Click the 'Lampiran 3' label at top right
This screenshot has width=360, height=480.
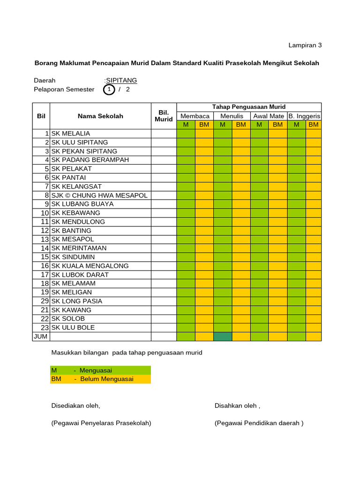[x=305, y=45]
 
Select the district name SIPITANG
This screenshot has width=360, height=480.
[x=121, y=81]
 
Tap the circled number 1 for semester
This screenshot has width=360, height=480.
[x=109, y=90]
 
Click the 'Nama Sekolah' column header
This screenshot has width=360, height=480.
[x=100, y=116]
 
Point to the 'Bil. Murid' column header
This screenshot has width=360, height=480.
[x=164, y=116]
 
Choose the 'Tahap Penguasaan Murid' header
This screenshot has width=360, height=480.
[x=248, y=107]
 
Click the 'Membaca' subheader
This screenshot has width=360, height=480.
[x=195, y=116]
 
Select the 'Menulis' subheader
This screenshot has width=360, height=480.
[x=232, y=116]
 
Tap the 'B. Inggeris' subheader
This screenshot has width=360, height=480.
[x=304, y=116]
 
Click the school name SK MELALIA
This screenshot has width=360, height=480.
[x=70, y=134]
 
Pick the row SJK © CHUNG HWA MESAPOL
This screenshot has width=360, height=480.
[x=99, y=195]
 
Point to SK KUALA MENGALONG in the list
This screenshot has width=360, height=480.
[x=90, y=266]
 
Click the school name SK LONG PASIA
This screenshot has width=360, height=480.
[x=76, y=301]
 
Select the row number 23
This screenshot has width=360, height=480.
[x=45, y=328]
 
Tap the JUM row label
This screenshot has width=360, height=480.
[x=41, y=337]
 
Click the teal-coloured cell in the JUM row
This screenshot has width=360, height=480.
[x=223, y=337]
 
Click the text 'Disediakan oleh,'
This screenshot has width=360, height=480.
[x=75, y=405]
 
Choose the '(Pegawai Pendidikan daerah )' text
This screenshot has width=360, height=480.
[x=259, y=423]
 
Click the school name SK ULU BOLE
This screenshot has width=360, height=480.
[x=73, y=328]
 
